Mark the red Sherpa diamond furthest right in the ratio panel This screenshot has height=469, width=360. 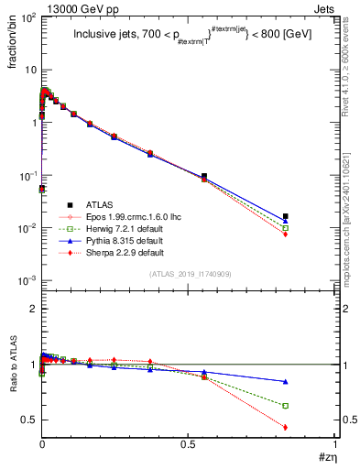tap(286, 427)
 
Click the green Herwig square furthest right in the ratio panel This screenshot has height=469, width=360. tap(286, 405)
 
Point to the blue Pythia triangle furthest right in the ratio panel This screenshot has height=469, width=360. tap(286, 381)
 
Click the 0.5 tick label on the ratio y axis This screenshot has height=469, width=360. tap(27, 420)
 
